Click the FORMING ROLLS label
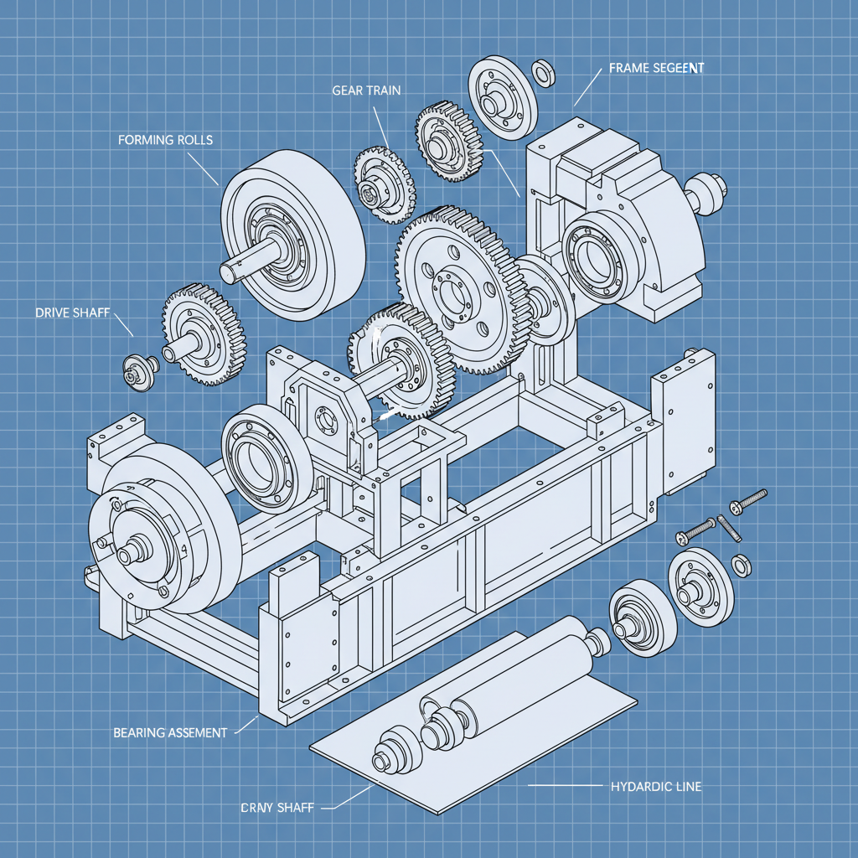tap(166, 140)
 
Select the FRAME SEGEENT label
tap(656, 69)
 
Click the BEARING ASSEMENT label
tap(170, 732)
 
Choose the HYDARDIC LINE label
tap(656, 787)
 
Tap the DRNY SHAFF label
tap(277, 808)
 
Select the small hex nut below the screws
tap(741, 565)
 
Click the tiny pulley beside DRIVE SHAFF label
tap(136, 369)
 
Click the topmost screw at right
tap(749, 499)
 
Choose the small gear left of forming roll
tap(201, 335)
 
